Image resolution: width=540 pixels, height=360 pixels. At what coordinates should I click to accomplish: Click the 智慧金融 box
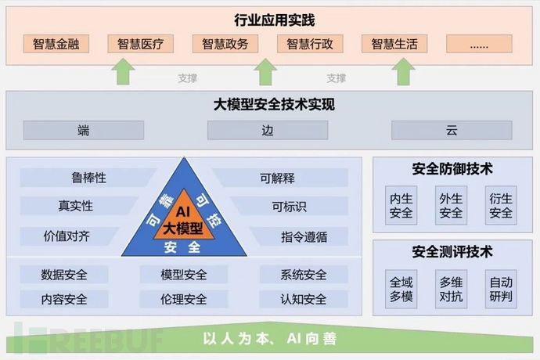[56, 44]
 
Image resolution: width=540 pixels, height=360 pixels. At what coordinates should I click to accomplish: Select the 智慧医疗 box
[141, 44]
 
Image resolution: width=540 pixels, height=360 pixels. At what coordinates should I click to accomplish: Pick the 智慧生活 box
[394, 44]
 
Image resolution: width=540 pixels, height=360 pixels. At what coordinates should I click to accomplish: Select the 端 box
[84, 131]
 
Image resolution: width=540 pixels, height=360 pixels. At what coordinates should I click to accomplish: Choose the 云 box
[452, 131]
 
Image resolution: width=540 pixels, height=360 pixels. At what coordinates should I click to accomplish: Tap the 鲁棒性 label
[88, 178]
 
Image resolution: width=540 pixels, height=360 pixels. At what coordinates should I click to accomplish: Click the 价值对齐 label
[67, 235]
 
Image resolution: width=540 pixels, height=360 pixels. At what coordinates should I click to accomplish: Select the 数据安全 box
[64, 275]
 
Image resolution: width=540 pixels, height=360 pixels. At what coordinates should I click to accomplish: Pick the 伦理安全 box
[184, 298]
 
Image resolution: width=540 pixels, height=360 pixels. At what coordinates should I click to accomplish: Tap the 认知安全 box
[303, 298]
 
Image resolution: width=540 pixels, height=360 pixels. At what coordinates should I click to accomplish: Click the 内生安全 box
[401, 205]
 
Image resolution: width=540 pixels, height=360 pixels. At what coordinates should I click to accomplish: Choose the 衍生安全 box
[500, 205]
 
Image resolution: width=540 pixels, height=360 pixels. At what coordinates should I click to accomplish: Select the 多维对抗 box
[451, 289]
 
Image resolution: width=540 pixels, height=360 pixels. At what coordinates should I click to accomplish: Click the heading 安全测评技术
[452, 252]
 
